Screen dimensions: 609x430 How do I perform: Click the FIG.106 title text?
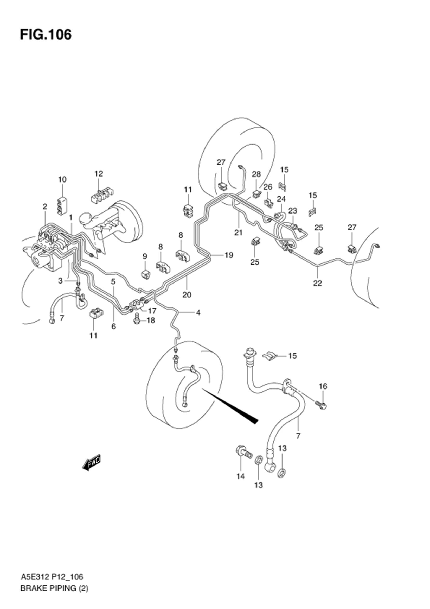pyautogui.click(x=46, y=35)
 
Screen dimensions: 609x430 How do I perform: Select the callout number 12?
pyautogui.click(x=99, y=174)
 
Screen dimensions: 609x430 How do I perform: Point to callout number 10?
pyautogui.click(x=62, y=180)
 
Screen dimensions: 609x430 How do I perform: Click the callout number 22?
pyautogui.click(x=317, y=283)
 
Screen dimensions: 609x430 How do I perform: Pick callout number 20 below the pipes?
pyautogui.click(x=187, y=295)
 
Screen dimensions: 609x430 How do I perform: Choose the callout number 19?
pyautogui.click(x=229, y=255)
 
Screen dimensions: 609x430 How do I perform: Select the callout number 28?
pyautogui.click(x=256, y=174)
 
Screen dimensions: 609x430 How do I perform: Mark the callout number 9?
pyautogui.click(x=145, y=256)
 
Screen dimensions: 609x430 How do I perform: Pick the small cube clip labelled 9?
pyautogui.click(x=145, y=274)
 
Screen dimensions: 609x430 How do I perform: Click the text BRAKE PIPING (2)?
pyautogui.click(x=54, y=596)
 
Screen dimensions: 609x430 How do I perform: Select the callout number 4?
pyautogui.click(x=198, y=313)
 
